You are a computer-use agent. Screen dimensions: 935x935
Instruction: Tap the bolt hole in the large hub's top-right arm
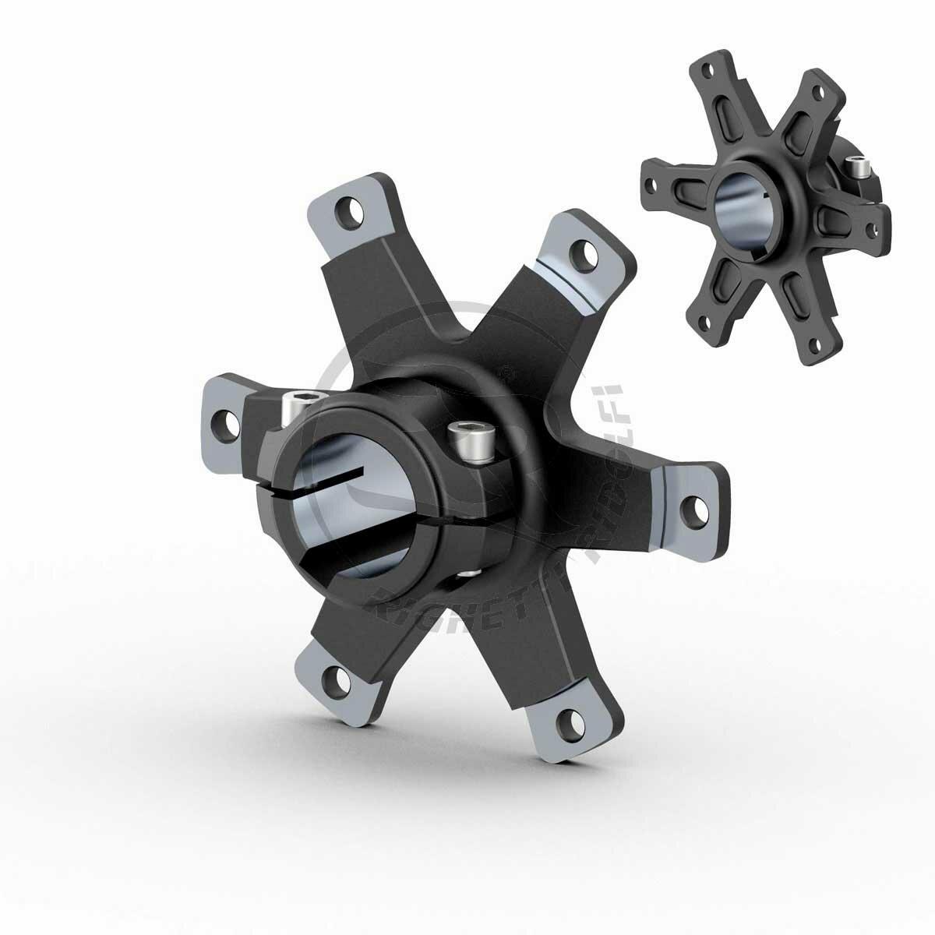coord(579,252)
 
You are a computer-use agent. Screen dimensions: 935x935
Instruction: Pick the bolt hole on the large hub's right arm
coord(690,508)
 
